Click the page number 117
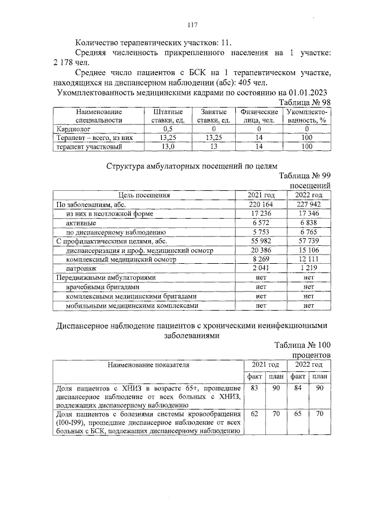(193, 25)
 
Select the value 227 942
(308, 204)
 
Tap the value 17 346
(308, 213)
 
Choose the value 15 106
(308, 250)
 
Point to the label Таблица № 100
(302, 345)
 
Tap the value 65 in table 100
(296, 414)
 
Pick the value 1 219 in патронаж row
(308, 268)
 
